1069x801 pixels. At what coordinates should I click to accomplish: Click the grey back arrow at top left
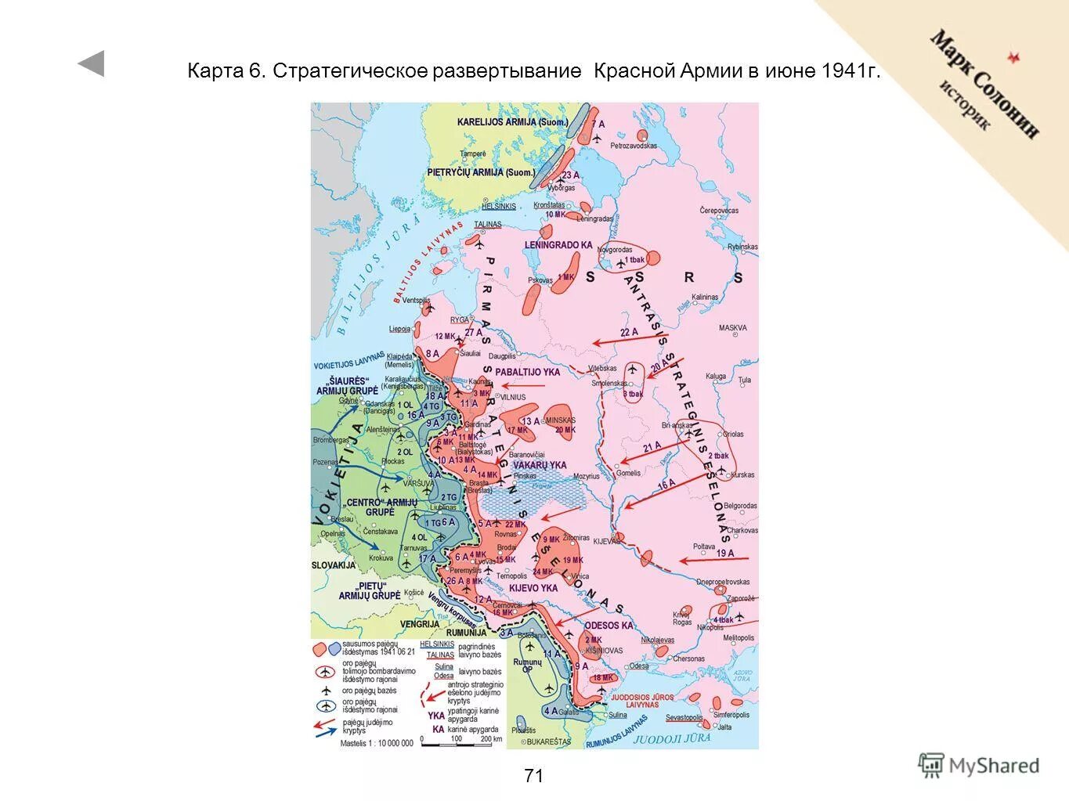pos(91,63)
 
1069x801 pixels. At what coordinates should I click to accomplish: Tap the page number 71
pos(533,776)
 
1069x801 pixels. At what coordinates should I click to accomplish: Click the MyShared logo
pos(979,765)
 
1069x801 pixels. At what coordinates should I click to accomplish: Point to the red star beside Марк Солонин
pos(1014,57)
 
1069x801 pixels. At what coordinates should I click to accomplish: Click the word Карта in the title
pos(215,71)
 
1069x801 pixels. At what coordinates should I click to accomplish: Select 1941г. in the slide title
pos(851,71)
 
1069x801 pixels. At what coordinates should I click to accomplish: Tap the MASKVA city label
pos(732,328)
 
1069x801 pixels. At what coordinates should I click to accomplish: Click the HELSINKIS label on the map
pos(499,206)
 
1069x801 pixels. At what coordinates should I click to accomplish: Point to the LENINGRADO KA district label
pos(558,245)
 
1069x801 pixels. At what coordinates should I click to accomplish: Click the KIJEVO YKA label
pos(533,588)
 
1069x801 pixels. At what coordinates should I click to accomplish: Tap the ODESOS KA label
pos(609,626)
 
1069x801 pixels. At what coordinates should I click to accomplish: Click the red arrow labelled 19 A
pos(713,558)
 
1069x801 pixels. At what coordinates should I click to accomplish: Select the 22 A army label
pos(628,333)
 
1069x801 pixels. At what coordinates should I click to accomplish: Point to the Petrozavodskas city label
pos(634,146)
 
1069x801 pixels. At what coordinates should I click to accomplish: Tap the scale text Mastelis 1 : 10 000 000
pos(376,743)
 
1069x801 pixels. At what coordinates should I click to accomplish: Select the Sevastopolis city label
pos(684,717)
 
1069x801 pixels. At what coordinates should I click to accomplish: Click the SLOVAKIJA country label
pos(334,565)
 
